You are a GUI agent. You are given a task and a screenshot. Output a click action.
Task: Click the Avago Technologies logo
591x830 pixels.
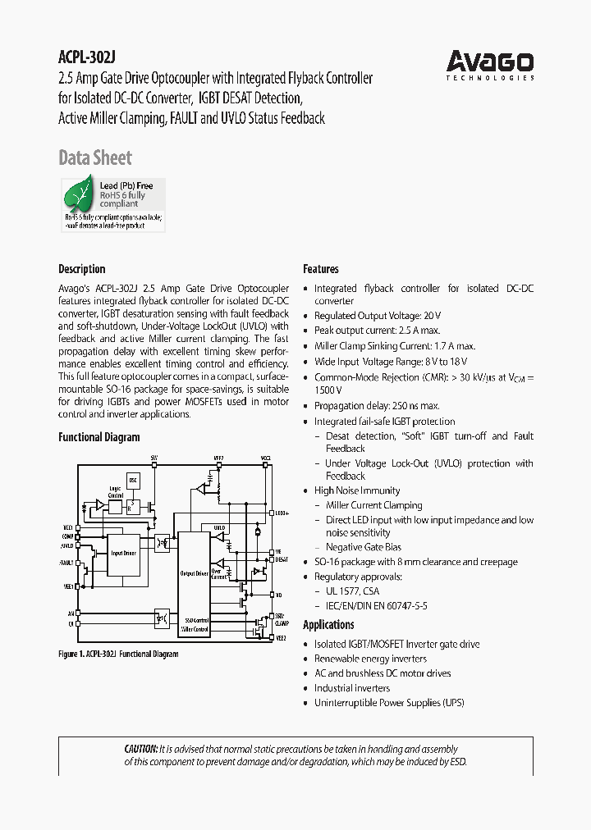[490, 64]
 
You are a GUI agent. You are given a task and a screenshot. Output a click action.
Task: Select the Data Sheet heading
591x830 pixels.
[94, 157]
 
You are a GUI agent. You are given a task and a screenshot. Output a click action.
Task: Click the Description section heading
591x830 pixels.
[81, 269]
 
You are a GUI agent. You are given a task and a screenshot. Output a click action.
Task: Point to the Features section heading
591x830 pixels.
[320, 269]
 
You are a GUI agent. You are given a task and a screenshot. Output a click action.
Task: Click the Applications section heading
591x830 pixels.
[328, 625]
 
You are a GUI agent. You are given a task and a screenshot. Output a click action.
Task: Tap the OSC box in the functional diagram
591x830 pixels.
[133, 479]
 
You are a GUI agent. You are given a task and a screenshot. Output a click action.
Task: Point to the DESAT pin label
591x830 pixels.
[281, 559]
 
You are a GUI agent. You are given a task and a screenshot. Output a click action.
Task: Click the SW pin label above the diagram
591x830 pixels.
[153, 457]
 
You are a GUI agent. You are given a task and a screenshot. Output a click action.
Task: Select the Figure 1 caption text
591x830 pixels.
[118, 654]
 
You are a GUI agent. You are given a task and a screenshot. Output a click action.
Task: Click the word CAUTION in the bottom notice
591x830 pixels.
[140, 749]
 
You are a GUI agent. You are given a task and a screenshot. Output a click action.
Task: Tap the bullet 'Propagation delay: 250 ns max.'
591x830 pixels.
[377, 406]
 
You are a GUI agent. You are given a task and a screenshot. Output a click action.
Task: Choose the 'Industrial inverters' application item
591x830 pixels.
[352, 688]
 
